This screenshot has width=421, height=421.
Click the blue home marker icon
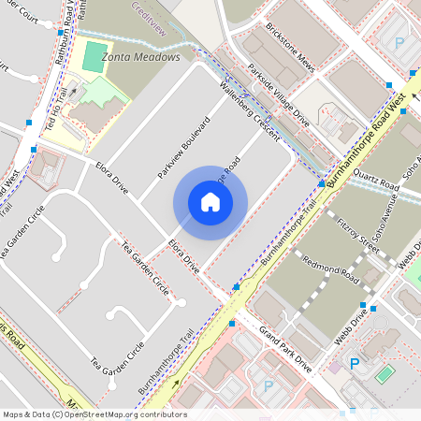point(210,202)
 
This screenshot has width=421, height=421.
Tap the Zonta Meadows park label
point(140,57)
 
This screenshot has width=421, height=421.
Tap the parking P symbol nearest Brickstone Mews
point(399,43)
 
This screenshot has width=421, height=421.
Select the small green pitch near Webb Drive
point(385,373)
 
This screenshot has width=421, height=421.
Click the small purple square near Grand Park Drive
point(334,367)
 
